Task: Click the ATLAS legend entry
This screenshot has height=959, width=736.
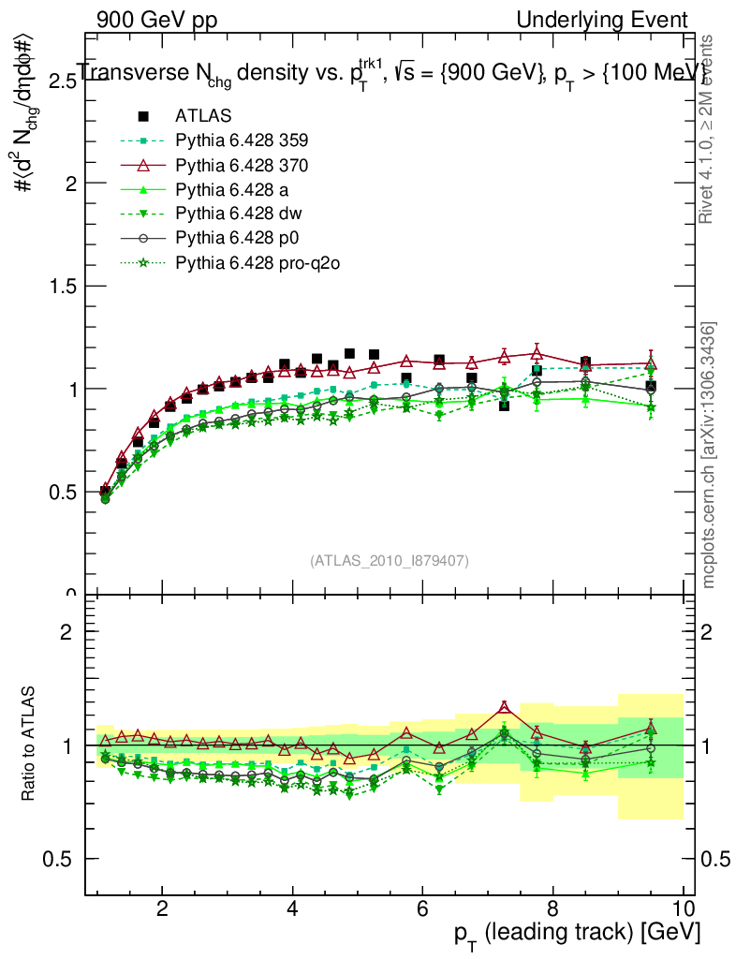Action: point(203,116)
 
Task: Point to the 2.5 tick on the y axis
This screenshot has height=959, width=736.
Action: point(57,81)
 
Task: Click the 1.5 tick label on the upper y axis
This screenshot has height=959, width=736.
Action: point(57,287)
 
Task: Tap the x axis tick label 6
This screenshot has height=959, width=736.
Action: point(422,909)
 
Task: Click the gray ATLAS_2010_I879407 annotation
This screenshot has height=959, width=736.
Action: point(390,560)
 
